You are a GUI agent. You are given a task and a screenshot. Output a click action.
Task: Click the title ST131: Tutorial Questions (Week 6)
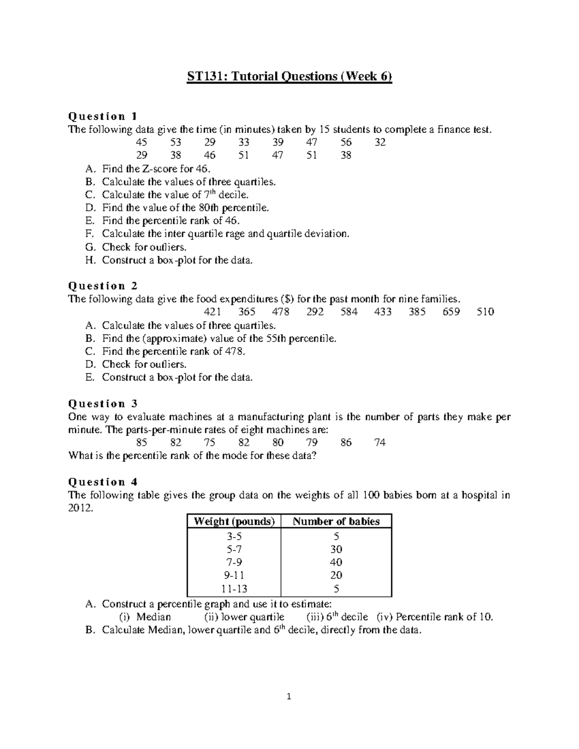pos(289,77)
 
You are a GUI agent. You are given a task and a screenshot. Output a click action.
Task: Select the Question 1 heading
pos(103,116)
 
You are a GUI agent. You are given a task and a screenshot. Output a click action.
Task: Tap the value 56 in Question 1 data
pos(345,142)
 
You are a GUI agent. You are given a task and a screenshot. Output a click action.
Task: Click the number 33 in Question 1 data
pos(244,142)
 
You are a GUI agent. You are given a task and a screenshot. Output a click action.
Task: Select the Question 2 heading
pos(103,286)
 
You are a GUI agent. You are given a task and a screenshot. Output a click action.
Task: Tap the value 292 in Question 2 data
pos(315,312)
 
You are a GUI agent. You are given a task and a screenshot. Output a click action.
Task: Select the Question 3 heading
pos(103,404)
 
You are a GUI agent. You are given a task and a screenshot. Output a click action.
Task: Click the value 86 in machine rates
pos(345,443)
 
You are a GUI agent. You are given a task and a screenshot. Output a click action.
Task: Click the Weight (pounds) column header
pos(234,521)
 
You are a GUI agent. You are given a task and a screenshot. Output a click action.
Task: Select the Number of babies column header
pos(336,521)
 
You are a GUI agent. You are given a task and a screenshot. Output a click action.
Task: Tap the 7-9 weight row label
pos(234,562)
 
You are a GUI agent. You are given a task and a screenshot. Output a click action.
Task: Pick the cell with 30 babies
pos(336,549)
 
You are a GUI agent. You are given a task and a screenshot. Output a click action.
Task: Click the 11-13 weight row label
pos(234,589)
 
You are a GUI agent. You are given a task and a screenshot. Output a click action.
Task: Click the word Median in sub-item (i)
pos(153,617)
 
